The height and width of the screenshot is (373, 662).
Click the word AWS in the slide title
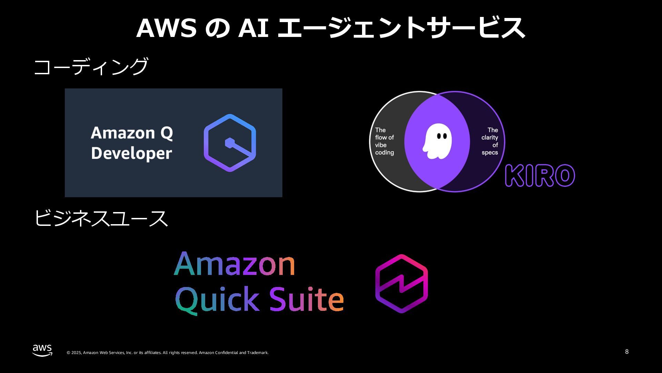pyautogui.click(x=166, y=28)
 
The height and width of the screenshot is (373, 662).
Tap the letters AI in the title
pyautogui.click(x=253, y=28)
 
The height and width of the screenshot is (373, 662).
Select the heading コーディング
pyautogui.click(x=91, y=66)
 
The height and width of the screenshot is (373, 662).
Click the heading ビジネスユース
pyautogui.click(x=101, y=218)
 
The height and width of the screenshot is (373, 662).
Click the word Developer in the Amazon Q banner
pyautogui.click(x=131, y=154)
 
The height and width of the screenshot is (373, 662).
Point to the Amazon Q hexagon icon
pyautogui.click(x=230, y=143)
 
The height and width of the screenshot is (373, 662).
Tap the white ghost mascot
pyautogui.click(x=437, y=141)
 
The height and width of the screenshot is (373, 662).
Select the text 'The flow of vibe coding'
pyautogui.click(x=384, y=141)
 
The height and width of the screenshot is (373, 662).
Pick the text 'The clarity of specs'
pyautogui.click(x=490, y=141)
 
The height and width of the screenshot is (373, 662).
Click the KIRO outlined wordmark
pyautogui.click(x=540, y=175)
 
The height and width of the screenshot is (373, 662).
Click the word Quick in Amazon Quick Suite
pyautogui.click(x=217, y=299)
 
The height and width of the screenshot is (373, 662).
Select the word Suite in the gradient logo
pyautogui.click(x=306, y=299)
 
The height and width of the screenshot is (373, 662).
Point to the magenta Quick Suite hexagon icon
pyautogui.click(x=401, y=284)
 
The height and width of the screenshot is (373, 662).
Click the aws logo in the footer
pyautogui.click(x=42, y=350)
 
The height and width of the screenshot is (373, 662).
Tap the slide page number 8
pyautogui.click(x=626, y=352)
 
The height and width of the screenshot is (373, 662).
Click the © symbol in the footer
pyautogui.click(x=68, y=353)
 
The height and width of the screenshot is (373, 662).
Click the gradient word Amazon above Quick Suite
pyautogui.click(x=234, y=264)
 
